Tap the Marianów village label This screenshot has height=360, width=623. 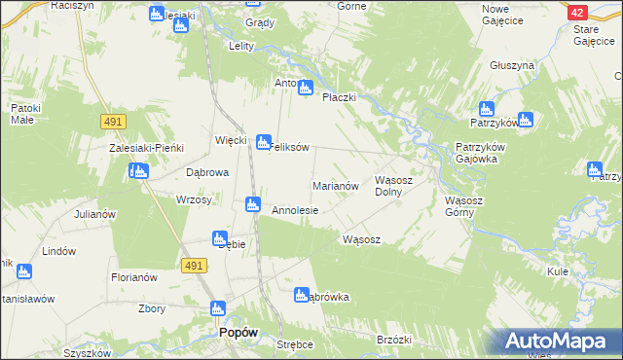click(x=336, y=185)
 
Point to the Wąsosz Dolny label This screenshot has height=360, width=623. click(x=395, y=186)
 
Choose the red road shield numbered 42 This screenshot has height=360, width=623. click(x=577, y=12)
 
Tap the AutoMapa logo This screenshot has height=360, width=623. click(x=556, y=341)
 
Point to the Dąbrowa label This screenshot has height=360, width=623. click(x=206, y=172)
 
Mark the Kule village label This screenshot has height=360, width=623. click(x=558, y=271)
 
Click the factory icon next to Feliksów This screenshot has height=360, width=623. click(x=263, y=142)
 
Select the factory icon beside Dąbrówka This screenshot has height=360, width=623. click(x=302, y=294)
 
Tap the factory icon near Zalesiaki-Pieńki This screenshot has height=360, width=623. click(x=138, y=171)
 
